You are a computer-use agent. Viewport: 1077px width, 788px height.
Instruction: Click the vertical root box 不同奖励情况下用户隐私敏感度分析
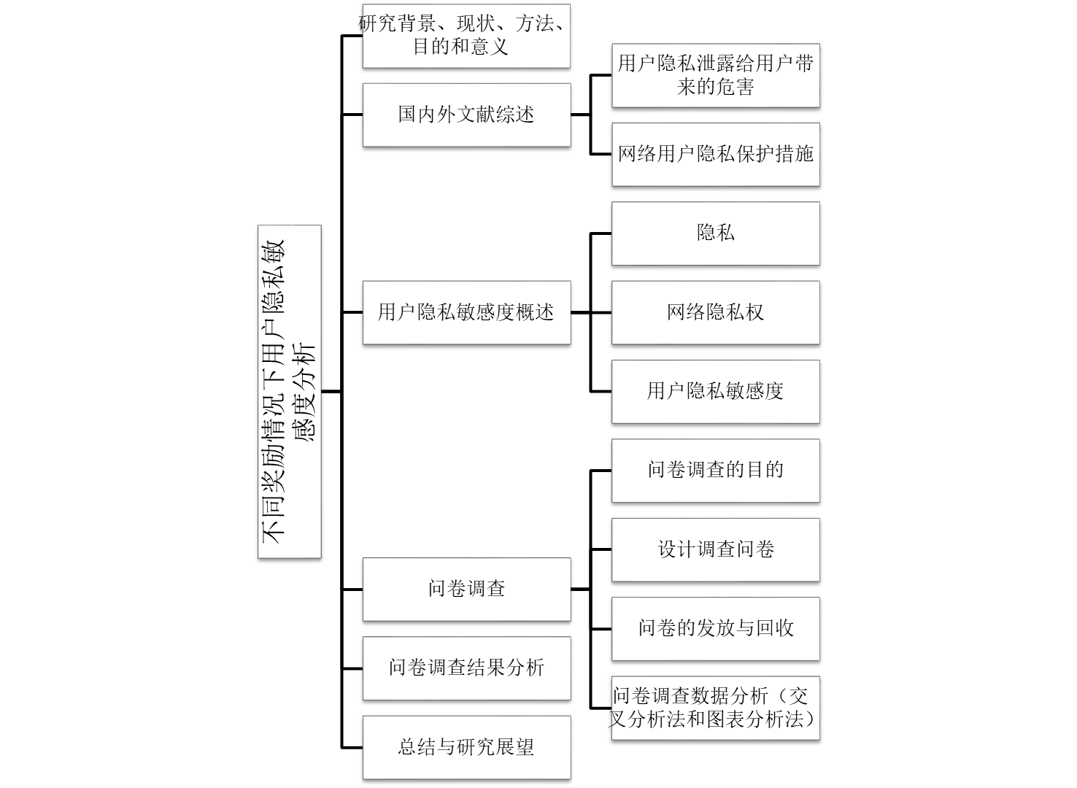tap(289, 391)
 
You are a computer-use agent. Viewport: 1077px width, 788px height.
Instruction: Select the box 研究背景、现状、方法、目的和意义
tap(466, 36)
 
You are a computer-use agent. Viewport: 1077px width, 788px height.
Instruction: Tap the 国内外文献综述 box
tap(466, 115)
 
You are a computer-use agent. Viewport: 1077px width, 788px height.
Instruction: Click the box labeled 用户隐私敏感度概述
tap(466, 312)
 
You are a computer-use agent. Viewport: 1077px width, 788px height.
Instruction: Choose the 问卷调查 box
tap(466, 589)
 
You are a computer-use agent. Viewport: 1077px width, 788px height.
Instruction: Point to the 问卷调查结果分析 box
tap(466, 668)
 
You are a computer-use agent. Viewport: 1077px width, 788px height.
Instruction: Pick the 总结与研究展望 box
tap(466, 747)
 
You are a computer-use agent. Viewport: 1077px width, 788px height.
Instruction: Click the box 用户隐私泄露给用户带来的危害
tap(715, 75)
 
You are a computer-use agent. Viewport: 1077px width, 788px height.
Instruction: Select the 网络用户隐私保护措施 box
tap(715, 154)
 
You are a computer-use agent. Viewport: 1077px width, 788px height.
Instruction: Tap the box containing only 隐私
tap(715, 233)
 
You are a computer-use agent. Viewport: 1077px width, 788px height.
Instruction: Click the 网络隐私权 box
tap(715, 312)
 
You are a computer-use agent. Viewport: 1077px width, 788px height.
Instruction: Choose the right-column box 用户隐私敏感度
tap(715, 391)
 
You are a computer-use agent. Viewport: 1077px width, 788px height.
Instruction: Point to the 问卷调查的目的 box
tap(715, 470)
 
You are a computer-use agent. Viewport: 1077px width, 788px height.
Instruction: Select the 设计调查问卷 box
tap(715, 549)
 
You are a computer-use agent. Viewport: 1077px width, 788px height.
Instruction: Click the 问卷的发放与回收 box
tap(715, 628)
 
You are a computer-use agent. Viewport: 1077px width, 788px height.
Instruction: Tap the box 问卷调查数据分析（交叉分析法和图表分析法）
tap(715, 707)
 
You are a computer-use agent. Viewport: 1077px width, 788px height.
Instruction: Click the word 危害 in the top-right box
tap(735, 88)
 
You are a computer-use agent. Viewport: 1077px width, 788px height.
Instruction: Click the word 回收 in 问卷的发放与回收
tap(774, 628)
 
